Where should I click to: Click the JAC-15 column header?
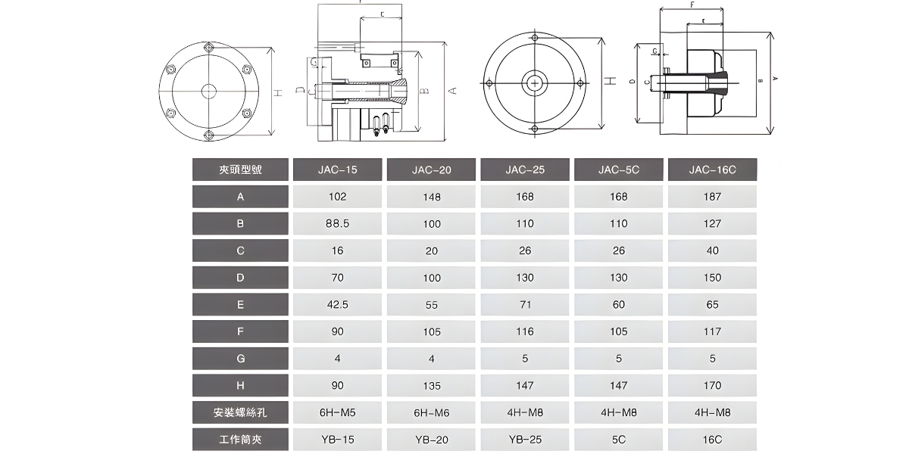tap(337, 169)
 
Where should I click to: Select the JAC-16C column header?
tap(712, 169)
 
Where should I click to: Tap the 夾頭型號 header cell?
tap(240, 169)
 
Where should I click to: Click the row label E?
tap(240, 304)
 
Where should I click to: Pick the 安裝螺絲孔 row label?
tap(240, 412)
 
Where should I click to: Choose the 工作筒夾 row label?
tap(240, 439)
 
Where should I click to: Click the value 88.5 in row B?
tap(337, 223)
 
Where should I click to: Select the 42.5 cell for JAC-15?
tap(337, 304)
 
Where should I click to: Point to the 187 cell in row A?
tap(712, 197)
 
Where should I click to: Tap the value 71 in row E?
tap(525, 304)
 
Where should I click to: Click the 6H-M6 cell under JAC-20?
tap(431, 412)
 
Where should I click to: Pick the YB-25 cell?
tap(525, 439)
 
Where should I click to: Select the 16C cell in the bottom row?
tap(712, 439)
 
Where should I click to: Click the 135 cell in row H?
tap(431, 385)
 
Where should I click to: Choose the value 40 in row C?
tap(712, 250)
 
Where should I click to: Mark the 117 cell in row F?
tap(712, 331)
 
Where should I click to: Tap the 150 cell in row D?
tap(712, 278)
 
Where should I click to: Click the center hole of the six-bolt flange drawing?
tap(209, 91)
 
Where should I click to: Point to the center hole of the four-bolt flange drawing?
tap(536, 82)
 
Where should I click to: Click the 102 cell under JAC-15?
tap(337, 197)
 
